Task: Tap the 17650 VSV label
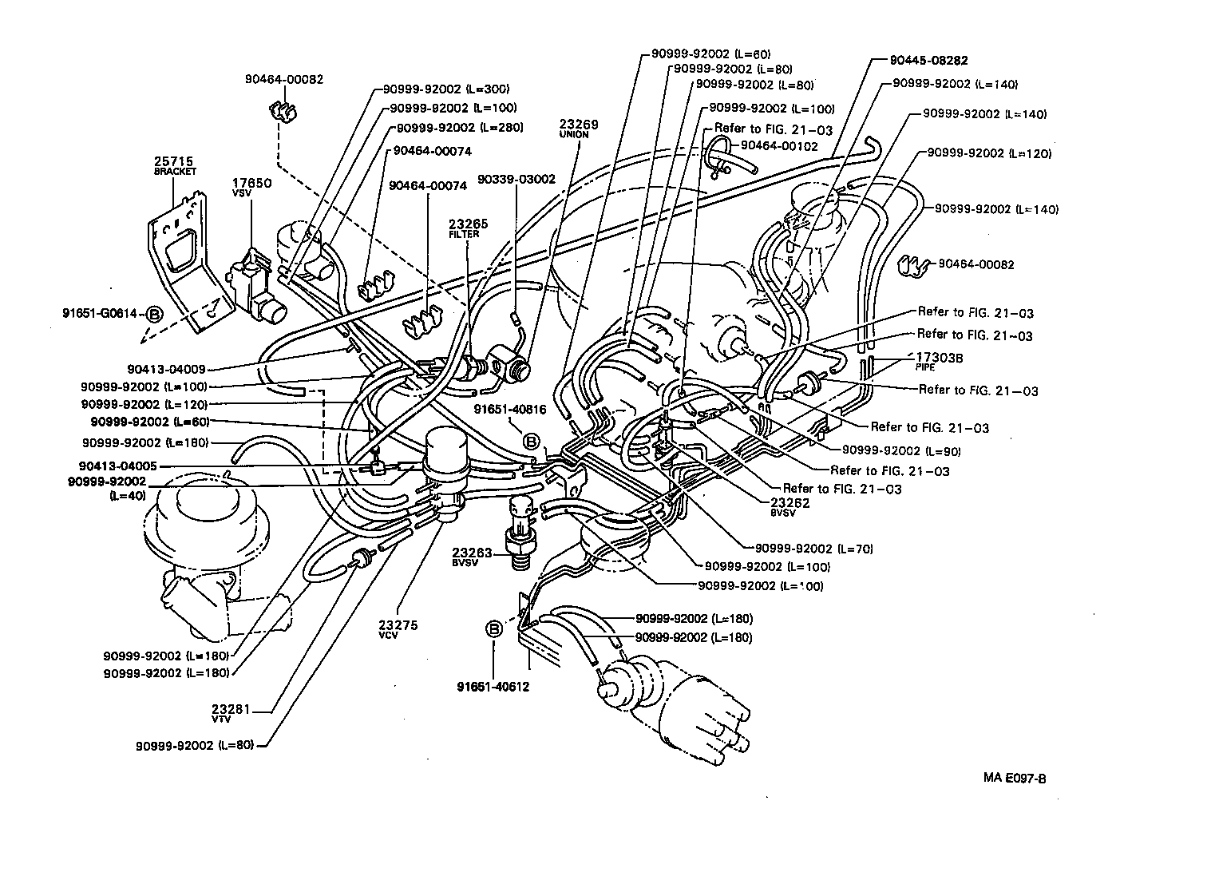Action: point(251,184)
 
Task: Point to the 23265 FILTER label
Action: point(468,225)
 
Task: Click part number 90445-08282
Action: point(928,60)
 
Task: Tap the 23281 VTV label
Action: point(232,708)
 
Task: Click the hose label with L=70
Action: point(808,549)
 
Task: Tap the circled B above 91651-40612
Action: point(493,629)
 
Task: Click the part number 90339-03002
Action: point(516,180)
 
